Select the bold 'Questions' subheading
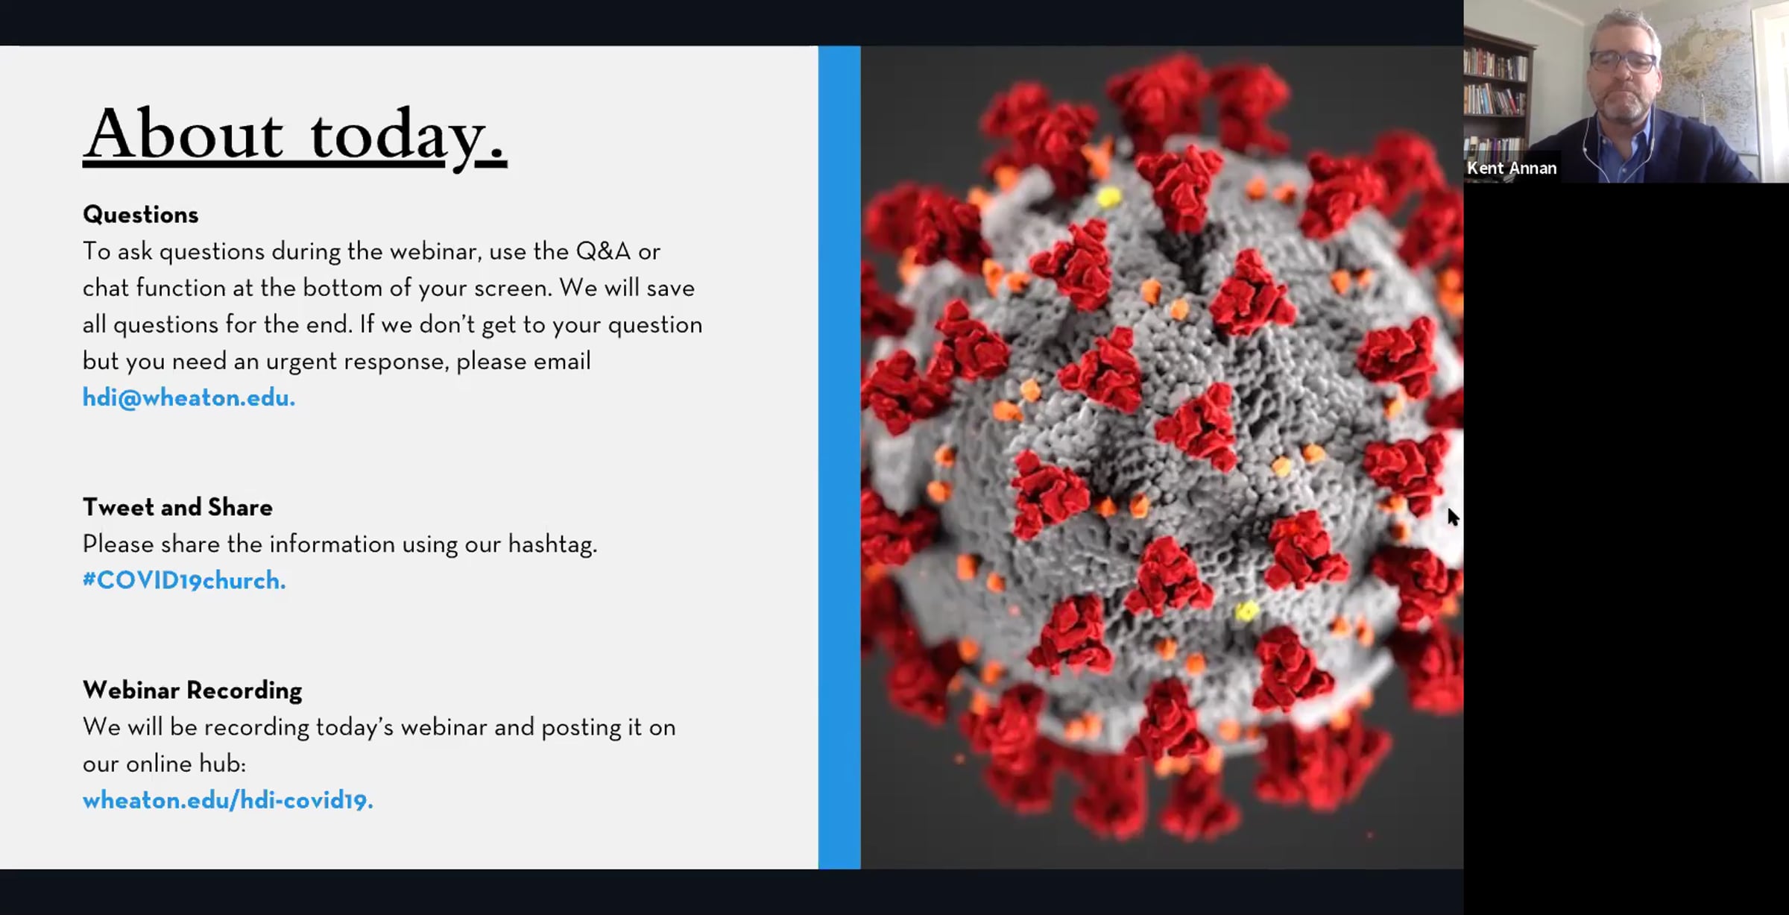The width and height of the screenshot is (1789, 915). [x=141, y=215]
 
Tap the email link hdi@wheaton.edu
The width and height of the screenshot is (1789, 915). [x=189, y=397]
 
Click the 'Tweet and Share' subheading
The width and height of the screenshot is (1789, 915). [x=177, y=507]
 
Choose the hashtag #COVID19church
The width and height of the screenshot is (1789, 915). [x=184, y=580]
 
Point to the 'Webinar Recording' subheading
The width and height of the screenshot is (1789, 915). [x=192, y=691]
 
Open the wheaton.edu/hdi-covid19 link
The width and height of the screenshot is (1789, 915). [x=227, y=800]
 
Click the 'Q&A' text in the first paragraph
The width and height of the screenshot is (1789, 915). [x=603, y=251]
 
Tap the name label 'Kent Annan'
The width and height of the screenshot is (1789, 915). [x=1512, y=169]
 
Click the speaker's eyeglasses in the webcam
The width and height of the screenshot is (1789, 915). [x=1624, y=61]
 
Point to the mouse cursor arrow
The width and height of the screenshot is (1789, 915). [x=1453, y=518]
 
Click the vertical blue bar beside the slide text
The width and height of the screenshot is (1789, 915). [x=839, y=457]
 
